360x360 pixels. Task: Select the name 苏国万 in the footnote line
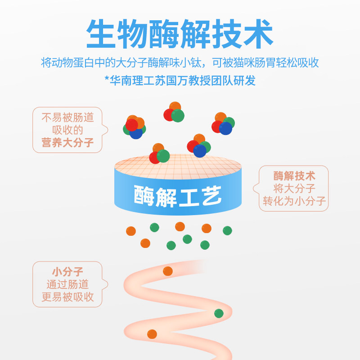(180, 81)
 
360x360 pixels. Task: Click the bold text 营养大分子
(67, 143)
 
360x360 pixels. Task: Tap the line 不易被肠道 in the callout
(67, 117)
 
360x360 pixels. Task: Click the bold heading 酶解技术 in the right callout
(294, 175)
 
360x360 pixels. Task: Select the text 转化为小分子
(294, 201)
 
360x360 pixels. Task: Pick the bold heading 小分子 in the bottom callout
(67, 271)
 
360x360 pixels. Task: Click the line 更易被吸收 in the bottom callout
(67, 297)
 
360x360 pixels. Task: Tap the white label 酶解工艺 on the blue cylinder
(178, 195)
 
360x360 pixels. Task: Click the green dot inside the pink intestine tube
(219, 313)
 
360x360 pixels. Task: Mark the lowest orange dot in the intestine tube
(152, 334)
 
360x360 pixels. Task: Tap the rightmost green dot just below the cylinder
(227, 230)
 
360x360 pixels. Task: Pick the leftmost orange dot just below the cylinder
(131, 231)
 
